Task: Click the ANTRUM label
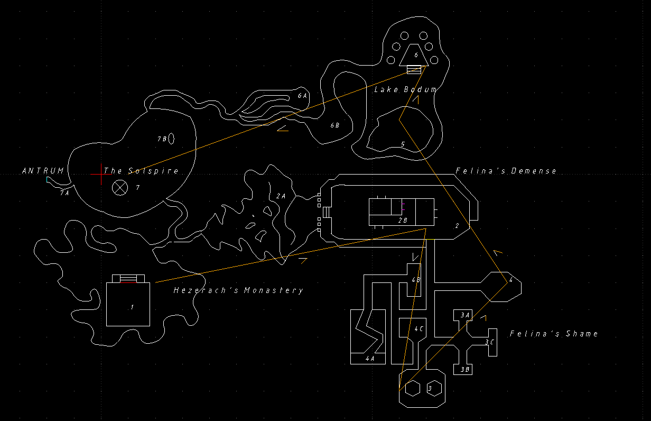tap(43, 171)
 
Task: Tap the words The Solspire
tap(141, 171)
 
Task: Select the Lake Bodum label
tap(405, 90)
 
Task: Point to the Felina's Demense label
tap(506, 171)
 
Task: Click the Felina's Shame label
tap(554, 334)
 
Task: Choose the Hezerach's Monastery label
tap(238, 290)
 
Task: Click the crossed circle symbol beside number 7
tap(120, 187)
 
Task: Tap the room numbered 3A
tap(464, 315)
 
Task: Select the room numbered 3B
tap(464, 370)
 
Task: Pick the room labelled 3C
tap(489, 342)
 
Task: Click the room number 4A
tap(370, 359)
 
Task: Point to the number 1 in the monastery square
tap(132, 307)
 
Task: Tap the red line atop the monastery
tap(128, 282)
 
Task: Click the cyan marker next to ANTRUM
tap(48, 180)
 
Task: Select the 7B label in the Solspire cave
tap(162, 139)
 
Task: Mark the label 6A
tap(302, 96)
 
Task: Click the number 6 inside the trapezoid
tap(416, 54)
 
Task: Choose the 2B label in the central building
tap(403, 219)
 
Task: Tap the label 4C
tap(418, 329)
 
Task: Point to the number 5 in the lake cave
tap(403, 144)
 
